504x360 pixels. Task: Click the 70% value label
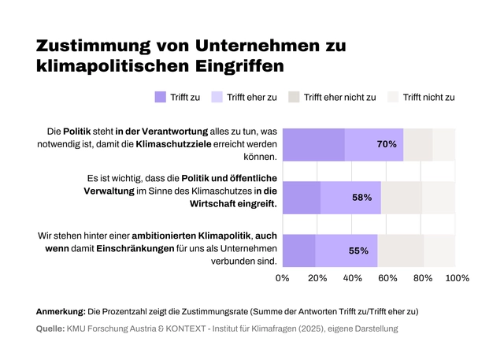tap(387, 145)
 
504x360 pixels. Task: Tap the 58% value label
tap(362, 198)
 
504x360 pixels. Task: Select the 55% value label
tap(358, 251)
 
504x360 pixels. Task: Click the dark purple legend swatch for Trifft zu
tap(161, 97)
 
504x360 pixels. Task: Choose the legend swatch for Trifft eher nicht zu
tap(293, 97)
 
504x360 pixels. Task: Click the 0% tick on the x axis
tap(282, 278)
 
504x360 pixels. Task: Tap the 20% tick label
tap(317, 278)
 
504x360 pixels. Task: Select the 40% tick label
tap(352, 278)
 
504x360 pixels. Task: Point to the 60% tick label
tap(387, 278)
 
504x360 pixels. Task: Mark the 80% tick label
tap(422, 278)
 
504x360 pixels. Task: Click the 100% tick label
tap(457, 278)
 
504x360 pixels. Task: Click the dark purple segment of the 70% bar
tap(313, 145)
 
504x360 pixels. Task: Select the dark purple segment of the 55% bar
tap(298, 251)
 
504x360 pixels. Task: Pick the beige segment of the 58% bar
tap(402, 198)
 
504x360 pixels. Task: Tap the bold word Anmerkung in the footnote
tap(61, 311)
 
